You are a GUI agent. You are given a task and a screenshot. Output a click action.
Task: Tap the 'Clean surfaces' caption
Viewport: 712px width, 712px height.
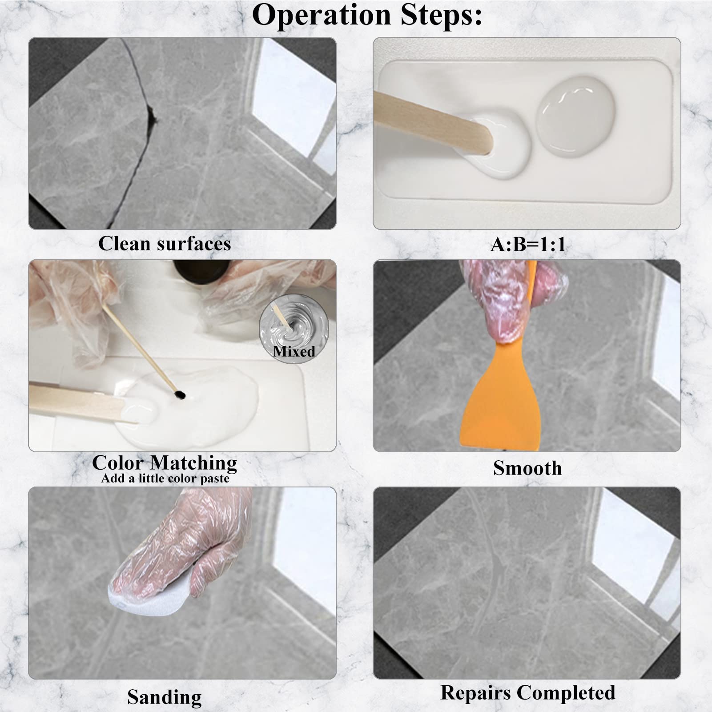coord(165,244)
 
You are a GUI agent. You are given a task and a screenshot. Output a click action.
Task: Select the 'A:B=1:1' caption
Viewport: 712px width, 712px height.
coord(528,244)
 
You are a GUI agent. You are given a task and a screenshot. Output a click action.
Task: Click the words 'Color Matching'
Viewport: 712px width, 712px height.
coord(165,463)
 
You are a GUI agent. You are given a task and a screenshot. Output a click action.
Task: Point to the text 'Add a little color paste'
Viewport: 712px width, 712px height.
coord(165,479)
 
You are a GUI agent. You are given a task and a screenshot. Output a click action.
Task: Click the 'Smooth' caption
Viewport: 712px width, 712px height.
coord(527,468)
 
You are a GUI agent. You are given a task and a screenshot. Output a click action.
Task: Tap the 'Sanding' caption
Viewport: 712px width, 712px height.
coord(164,696)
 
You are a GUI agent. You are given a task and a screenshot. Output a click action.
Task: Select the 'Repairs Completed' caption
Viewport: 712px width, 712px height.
coord(527,692)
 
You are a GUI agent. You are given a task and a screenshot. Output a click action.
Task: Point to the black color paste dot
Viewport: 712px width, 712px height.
coord(180,394)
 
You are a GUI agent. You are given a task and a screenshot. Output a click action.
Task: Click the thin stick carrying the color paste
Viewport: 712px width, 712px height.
coord(138,347)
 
